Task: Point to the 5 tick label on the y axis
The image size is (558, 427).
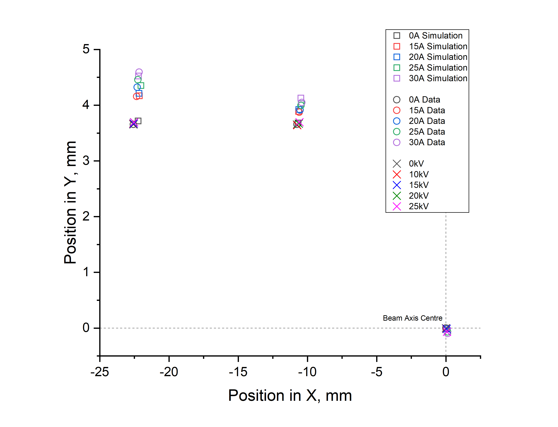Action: pyautogui.click(x=86, y=49)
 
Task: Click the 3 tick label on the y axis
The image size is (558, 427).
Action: pyautogui.click(x=86, y=161)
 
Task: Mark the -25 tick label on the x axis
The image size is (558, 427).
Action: pyautogui.click(x=100, y=372)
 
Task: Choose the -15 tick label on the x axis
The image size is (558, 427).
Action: pyautogui.click(x=238, y=372)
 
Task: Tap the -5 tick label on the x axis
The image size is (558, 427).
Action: pyautogui.click(x=376, y=372)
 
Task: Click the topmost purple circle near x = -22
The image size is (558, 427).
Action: pyautogui.click(x=139, y=72)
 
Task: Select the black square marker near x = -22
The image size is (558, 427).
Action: pyautogui.click(x=138, y=121)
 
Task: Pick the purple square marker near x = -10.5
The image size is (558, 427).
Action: pyautogui.click(x=301, y=98)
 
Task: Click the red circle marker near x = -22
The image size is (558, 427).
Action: pyautogui.click(x=136, y=96)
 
